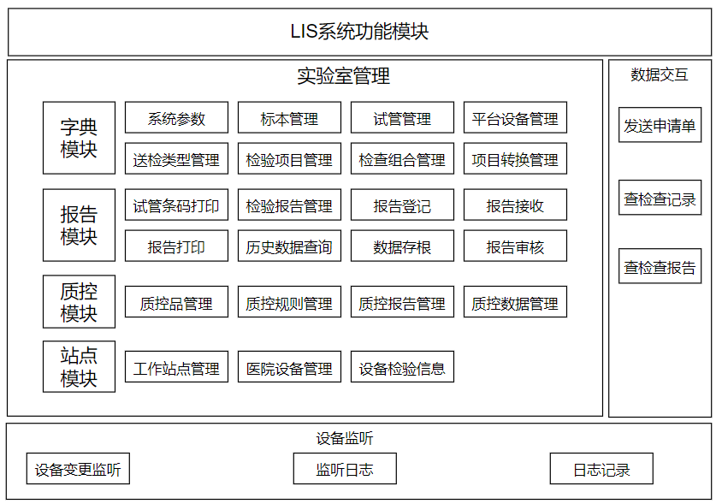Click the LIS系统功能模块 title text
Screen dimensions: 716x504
pyautogui.click(x=359, y=32)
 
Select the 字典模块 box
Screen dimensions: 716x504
pyautogui.click(x=79, y=138)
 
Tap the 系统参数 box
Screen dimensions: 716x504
pyautogui.click(x=177, y=118)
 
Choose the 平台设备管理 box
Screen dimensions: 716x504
pyautogui.click(x=515, y=118)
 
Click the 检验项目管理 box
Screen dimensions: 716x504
pyautogui.click(x=289, y=159)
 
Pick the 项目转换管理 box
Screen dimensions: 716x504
pyautogui.click(x=515, y=159)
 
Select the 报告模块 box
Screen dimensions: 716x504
pyautogui.click(x=79, y=225)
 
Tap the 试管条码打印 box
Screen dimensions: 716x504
pyautogui.click(x=177, y=205)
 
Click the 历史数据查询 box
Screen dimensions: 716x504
pyautogui.click(x=289, y=246)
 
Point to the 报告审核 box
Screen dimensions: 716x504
pyautogui.click(x=515, y=246)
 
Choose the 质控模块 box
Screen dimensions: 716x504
pyautogui.click(x=79, y=301)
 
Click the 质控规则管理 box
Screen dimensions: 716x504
pyautogui.click(x=289, y=302)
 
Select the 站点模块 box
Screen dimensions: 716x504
pyautogui.click(x=79, y=366)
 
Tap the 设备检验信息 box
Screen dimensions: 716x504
pyautogui.click(x=402, y=367)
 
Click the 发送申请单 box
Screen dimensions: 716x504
pyautogui.click(x=660, y=125)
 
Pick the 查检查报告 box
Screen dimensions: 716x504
pyautogui.click(x=660, y=266)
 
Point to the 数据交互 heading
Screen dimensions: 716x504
pyautogui.click(x=660, y=74)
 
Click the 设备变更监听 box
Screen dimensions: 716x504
pyautogui.click(x=78, y=469)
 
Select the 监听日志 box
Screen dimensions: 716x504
pyautogui.click(x=345, y=469)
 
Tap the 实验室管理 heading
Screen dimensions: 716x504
pyautogui.click(x=343, y=76)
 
